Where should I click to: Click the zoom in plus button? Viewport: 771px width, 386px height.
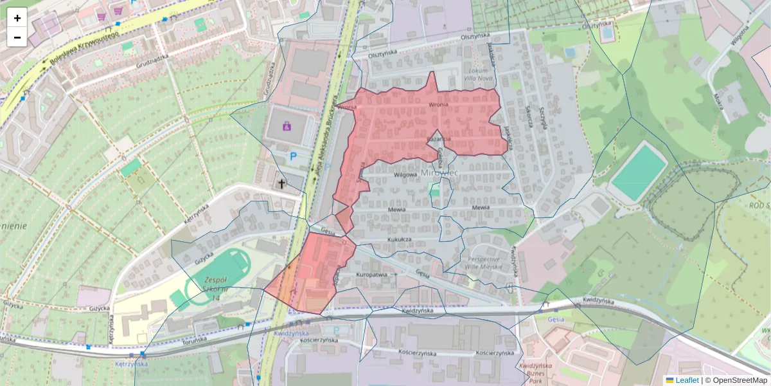(x=17, y=18)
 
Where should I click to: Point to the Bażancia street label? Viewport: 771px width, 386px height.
(x=439, y=139)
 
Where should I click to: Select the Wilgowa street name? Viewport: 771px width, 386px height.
(x=405, y=174)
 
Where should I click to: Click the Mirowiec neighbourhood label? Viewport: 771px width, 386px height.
(x=439, y=174)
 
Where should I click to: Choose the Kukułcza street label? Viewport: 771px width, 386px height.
(x=398, y=239)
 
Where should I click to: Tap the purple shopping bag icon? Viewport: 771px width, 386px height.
(x=285, y=125)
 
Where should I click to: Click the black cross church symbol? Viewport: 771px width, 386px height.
(x=281, y=184)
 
